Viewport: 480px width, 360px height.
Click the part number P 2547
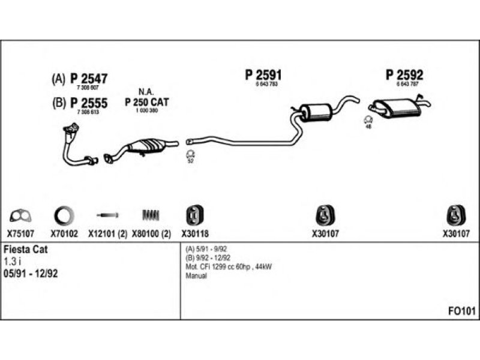pyautogui.click(x=89, y=78)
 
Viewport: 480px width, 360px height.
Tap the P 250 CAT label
pyautogui.click(x=146, y=103)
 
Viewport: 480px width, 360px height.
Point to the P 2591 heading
pyautogui.click(x=263, y=75)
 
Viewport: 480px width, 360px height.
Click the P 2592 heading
pyautogui.click(x=404, y=75)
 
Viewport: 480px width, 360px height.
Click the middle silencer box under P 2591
pyautogui.click(x=316, y=111)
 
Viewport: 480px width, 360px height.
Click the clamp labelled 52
pyautogui.click(x=190, y=155)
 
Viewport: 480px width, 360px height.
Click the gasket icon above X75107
pyautogui.click(x=21, y=215)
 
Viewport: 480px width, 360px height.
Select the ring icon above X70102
pyautogui.click(x=64, y=215)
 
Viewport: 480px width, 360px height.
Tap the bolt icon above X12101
pyautogui.click(x=107, y=214)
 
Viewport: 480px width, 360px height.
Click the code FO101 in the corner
pyautogui.click(x=461, y=311)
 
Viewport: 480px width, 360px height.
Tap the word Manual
pyautogui.click(x=196, y=276)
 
